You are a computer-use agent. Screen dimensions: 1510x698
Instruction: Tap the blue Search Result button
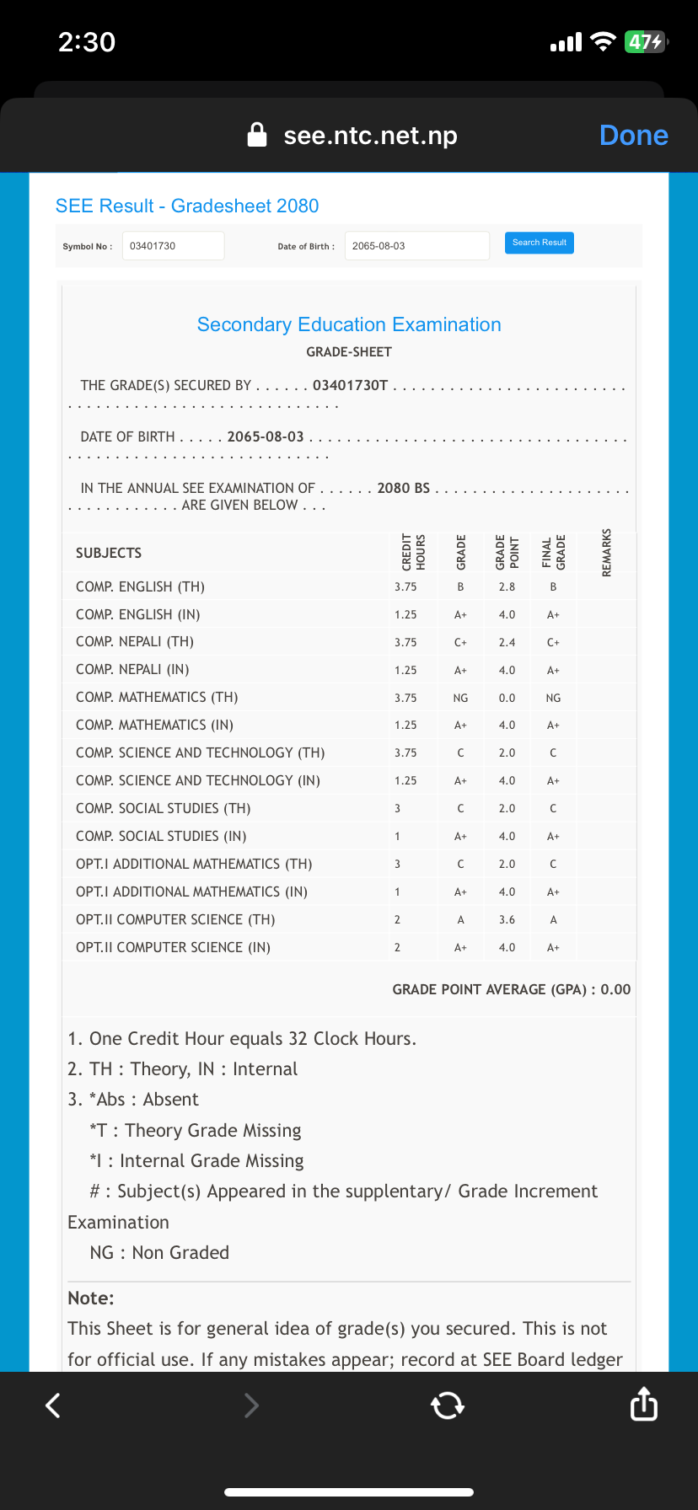coord(540,243)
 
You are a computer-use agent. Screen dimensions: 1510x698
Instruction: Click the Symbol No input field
coord(174,246)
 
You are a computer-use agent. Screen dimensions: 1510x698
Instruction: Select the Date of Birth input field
coord(416,246)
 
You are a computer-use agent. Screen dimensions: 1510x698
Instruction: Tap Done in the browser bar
coord(633,136)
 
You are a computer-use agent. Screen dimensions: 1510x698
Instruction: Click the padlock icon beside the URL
coord(257,135)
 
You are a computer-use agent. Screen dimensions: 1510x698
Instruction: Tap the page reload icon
coord(447,1405)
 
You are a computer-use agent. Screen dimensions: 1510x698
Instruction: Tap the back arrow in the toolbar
coord(53,1405)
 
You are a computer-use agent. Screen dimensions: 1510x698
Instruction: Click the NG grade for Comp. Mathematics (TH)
coord(460,698)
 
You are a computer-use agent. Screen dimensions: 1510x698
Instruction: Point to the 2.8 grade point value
coord(507,586)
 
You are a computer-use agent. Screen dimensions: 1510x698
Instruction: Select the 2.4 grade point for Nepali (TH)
coord(507,642)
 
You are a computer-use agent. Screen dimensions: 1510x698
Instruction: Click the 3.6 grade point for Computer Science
coord(507,920)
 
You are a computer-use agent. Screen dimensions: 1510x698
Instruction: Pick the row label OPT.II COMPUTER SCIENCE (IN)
coord(173,947)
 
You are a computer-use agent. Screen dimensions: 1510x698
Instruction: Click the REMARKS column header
coord(607,553)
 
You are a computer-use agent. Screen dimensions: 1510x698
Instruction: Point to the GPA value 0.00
coord(615,989)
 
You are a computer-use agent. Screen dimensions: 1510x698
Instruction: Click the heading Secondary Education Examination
coord(349,324)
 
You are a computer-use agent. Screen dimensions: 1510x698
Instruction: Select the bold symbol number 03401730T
coord(350,385)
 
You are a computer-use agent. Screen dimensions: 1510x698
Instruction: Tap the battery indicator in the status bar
coord(645,41)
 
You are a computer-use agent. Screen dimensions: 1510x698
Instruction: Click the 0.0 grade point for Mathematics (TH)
coord(507,698)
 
